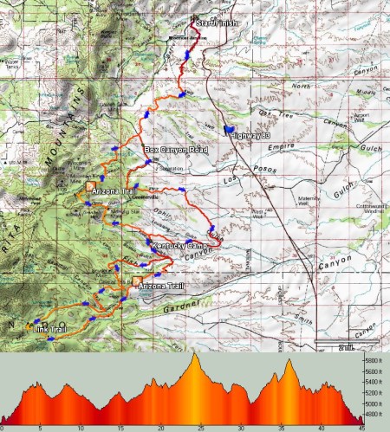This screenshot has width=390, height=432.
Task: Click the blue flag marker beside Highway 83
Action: (x=227, y=130)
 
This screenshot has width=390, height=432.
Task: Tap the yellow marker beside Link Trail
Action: (x=32, y=327)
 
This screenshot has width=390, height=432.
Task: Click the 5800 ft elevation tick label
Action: (x=373, y=361)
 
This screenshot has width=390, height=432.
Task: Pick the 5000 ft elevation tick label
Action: (x=373, y=403)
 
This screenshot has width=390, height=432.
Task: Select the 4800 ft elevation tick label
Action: (x=373, y=415)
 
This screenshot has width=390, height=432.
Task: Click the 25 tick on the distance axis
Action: (x=200, y=427)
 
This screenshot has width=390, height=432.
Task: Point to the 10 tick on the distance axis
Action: (x=81, y=427)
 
